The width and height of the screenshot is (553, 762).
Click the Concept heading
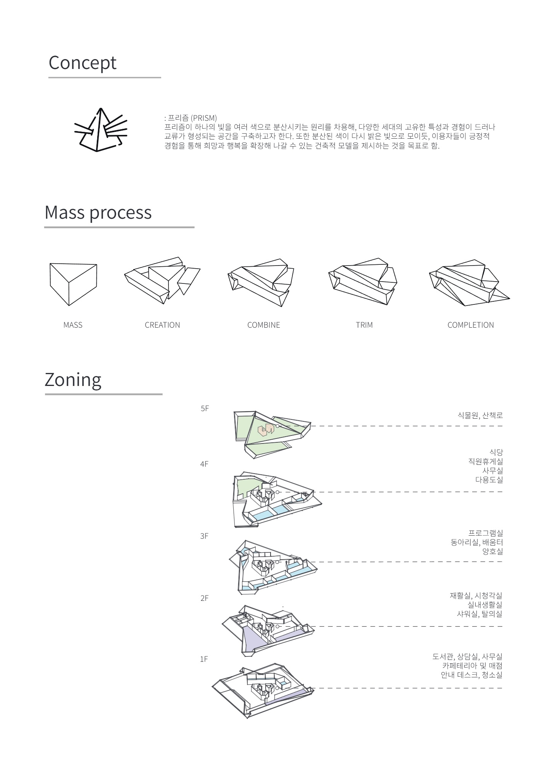point(82,63)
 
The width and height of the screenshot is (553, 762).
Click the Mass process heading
point(98,213)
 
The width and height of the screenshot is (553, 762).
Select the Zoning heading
point(73,380)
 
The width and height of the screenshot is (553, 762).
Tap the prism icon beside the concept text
point(101,130)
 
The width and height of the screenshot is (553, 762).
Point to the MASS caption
point(73,325)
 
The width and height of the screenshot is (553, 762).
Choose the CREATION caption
point(162,325)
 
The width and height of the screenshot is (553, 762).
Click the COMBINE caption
point(264,325)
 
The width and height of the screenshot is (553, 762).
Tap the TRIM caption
point(364,325)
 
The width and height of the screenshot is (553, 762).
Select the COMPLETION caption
point(471,325)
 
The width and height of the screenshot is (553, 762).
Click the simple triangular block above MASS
point(73,284)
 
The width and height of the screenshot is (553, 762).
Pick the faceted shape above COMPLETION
point(470,283)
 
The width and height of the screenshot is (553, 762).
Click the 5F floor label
point(205,409)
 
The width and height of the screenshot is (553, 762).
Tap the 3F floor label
point(204,536)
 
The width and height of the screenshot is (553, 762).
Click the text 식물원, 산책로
point(480,416)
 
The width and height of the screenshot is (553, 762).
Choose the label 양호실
point(492,552)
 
